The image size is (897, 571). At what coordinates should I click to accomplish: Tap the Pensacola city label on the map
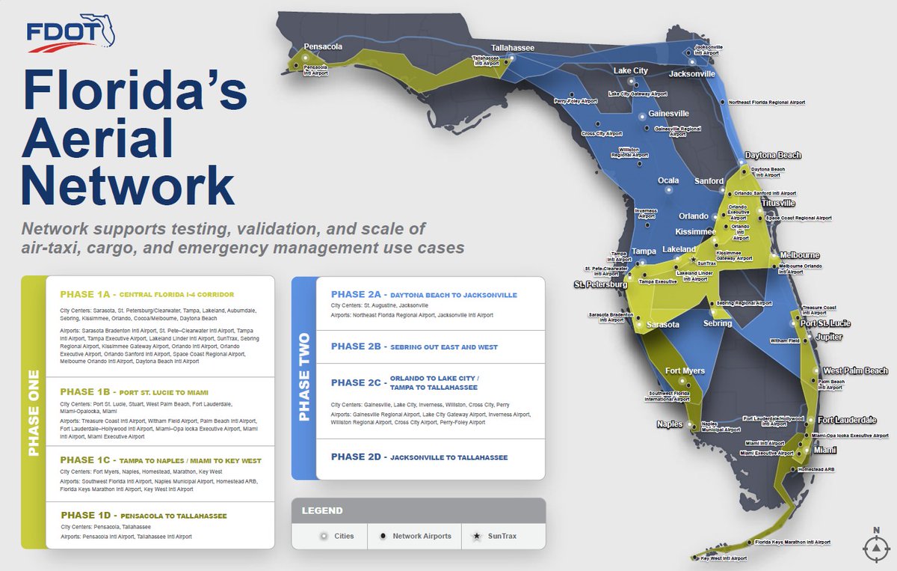(323, 46)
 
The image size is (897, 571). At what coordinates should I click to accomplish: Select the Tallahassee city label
(512, 48)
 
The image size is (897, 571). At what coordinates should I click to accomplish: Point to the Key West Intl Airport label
(724, 558)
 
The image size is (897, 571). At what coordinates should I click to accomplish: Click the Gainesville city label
(668, 114)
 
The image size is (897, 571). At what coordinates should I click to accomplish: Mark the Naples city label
(669, 424)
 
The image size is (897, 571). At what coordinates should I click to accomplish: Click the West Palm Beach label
(855, 371)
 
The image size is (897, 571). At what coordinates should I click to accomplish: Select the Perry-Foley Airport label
(576, 101)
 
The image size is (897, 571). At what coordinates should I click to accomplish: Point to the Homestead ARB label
(816, 469)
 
